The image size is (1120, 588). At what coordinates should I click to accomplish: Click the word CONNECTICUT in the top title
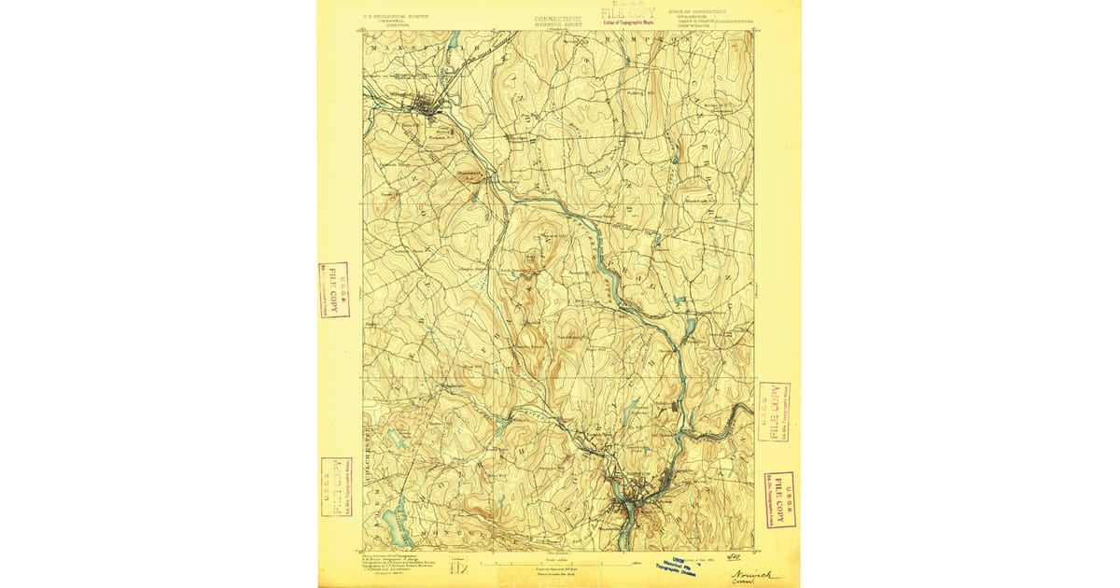tap(558, 18)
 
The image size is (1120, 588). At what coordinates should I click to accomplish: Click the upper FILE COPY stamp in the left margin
tap(333, 289)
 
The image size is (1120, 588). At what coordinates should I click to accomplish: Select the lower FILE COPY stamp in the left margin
tap(336, 486)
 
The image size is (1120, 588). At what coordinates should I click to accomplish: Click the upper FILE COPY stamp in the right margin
tap(774, 411)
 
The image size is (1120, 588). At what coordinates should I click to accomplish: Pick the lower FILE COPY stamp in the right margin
tap(779, 499)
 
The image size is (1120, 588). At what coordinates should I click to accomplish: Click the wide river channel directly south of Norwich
tap(624, 518)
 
